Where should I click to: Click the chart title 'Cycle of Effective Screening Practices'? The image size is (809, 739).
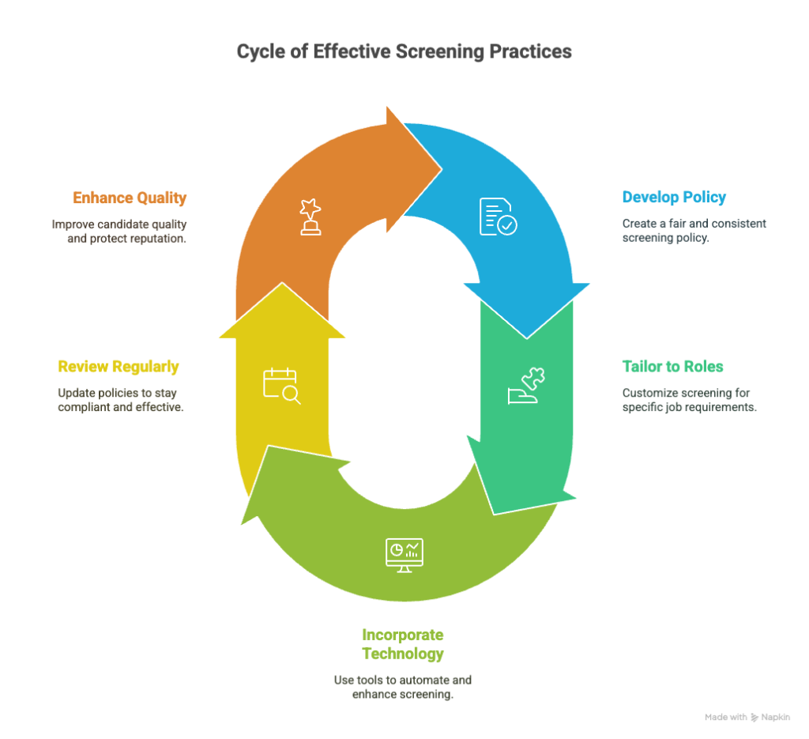(404, 51)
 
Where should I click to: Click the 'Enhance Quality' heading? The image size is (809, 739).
(130, 198)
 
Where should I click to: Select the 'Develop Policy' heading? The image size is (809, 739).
(674, 197)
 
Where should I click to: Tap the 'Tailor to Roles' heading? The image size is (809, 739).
(672, 366)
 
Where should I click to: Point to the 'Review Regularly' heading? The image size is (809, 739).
(119, 367)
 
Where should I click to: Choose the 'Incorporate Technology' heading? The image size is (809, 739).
(402, 644)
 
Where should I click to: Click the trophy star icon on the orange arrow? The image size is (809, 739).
(310, 217)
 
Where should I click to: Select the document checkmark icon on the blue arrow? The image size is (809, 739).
(499, 217)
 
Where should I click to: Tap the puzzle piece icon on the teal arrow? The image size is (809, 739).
(526, 386)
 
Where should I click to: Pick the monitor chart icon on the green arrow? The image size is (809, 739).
(404, 556)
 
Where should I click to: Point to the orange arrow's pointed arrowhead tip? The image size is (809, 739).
(442, 168)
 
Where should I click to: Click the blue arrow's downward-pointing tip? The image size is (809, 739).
(527, 338)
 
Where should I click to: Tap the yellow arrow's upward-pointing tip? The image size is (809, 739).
(282, 282)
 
